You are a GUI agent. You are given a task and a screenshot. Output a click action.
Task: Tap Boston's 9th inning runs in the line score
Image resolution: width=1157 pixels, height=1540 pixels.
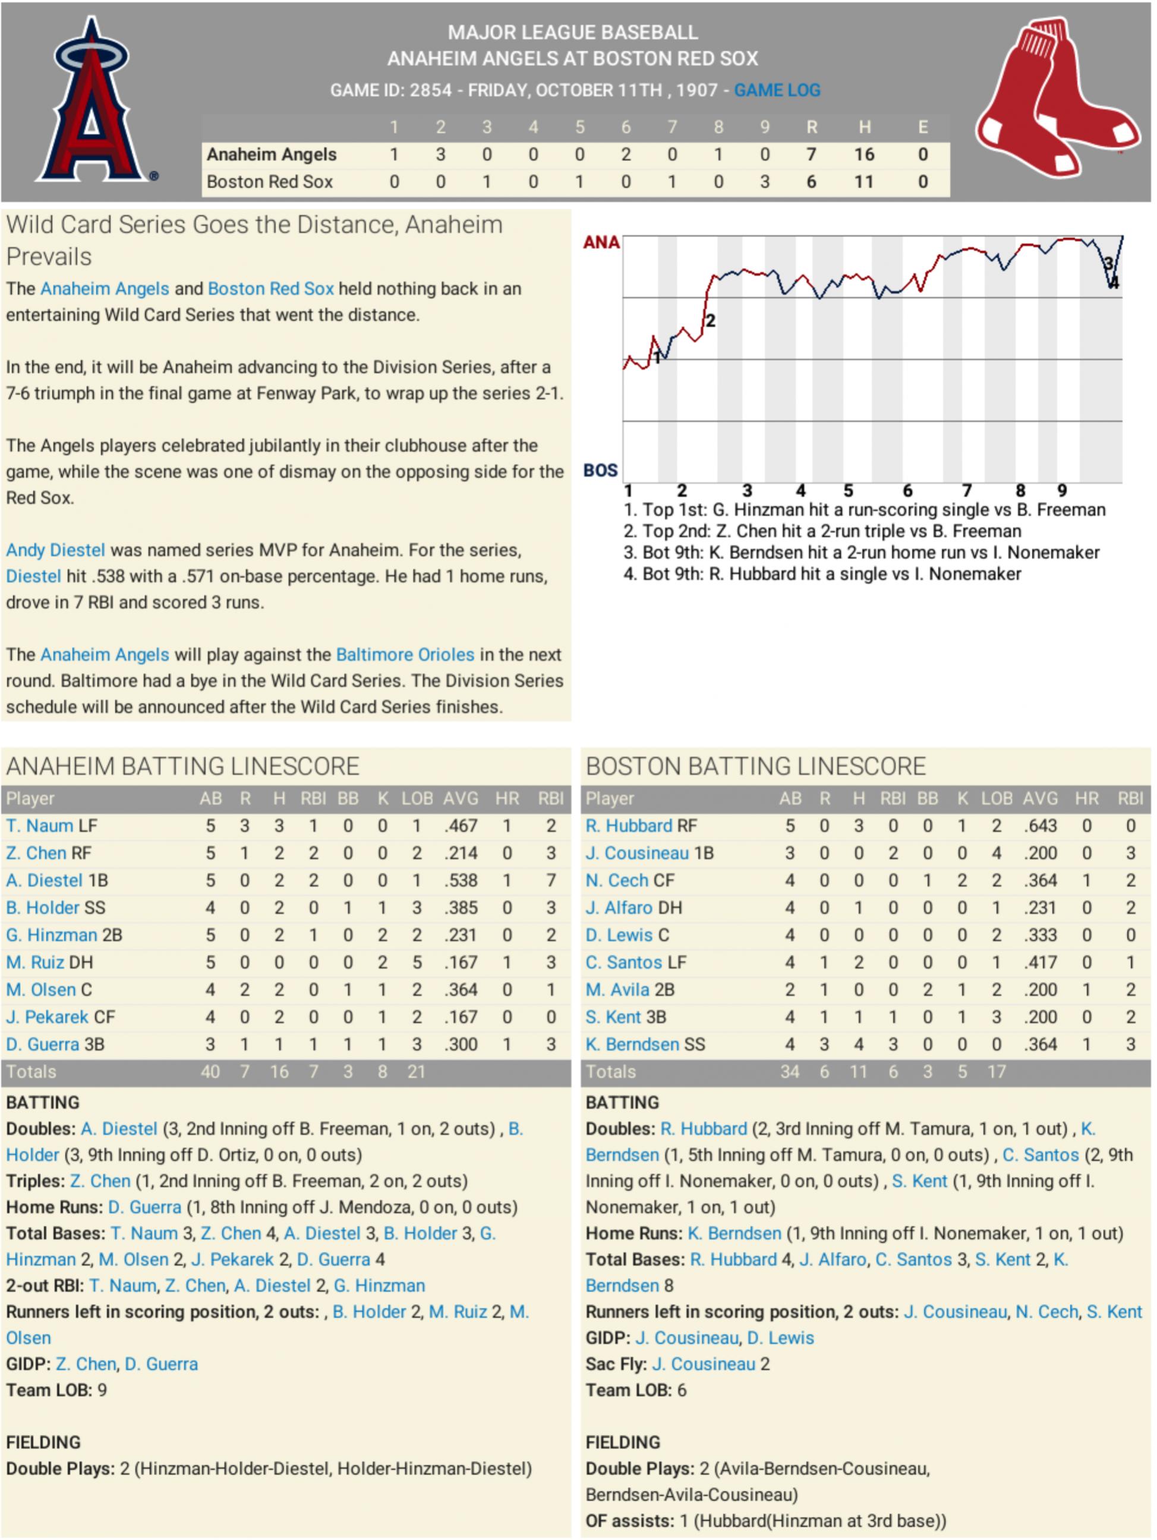point(764,182)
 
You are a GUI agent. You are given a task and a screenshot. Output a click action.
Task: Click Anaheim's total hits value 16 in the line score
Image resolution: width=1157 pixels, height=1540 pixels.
point(863,155)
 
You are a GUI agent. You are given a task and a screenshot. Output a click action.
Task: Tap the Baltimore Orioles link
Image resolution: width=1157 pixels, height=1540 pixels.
point(405,654)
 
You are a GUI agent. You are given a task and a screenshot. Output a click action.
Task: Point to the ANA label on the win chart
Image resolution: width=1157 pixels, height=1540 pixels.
point(601,243)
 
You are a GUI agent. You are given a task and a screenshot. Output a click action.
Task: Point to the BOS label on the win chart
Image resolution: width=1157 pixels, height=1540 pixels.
point(600,471)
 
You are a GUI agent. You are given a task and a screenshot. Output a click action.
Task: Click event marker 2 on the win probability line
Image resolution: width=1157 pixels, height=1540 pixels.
point(710,321)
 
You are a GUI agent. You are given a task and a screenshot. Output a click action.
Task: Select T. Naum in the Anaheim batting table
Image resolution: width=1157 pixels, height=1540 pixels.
point(40,826)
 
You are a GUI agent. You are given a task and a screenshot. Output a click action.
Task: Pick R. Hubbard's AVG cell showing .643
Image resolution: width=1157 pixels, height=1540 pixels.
point(1040,826)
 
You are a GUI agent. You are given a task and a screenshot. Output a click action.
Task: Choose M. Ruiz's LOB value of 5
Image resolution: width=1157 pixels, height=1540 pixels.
point(417,962)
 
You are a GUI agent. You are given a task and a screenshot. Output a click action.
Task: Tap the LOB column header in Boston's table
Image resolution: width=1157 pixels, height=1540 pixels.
point(996,799)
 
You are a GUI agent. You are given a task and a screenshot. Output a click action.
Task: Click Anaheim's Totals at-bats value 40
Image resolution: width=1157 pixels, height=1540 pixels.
point(210,1072)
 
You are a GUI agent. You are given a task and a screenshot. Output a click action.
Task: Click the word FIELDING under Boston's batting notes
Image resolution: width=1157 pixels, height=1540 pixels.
point(622,1443)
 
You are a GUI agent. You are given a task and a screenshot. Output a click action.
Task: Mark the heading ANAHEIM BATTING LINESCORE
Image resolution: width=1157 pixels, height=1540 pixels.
point(182,767)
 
